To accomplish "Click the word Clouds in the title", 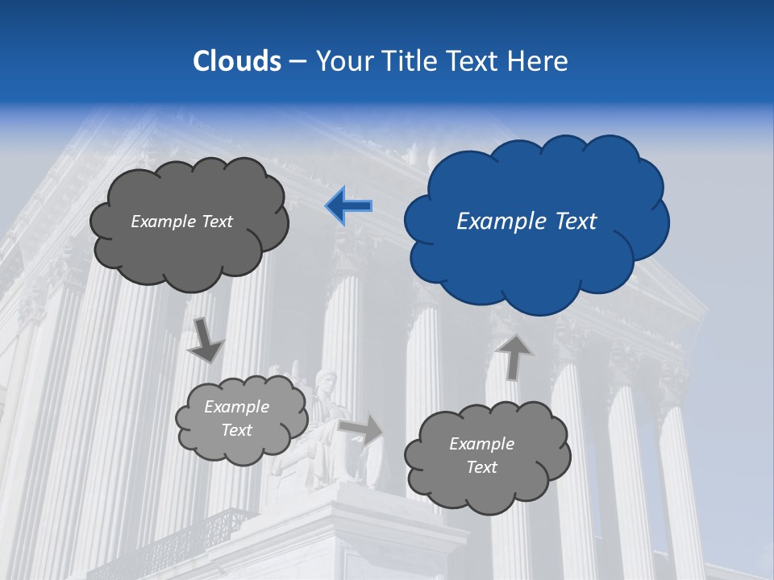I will pos(236,61).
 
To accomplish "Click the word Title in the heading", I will pos(409,61).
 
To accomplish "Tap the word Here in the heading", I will pos(539,61).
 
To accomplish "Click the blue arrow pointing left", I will pos(349,205).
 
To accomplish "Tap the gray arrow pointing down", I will pos(205,339).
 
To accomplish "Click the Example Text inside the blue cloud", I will pos(526,222).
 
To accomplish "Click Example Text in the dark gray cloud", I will pos(181,222).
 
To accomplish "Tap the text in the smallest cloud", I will pos(236,419).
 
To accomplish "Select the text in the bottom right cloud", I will pos(481,455).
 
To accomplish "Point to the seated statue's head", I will pos(327,379).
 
